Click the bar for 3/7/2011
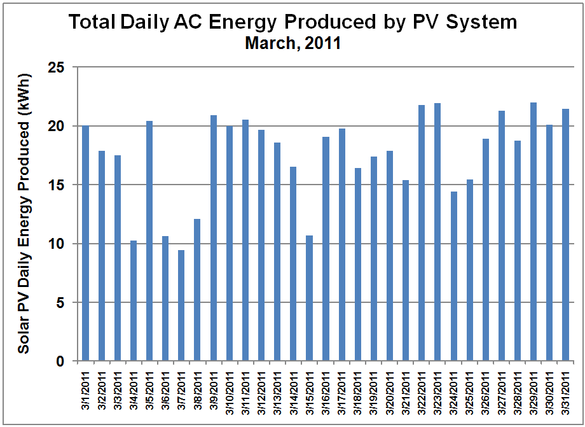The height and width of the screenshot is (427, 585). [x=181, y=305]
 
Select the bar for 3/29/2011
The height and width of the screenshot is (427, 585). [x=533, y=232]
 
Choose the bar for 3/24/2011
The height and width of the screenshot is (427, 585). [x=453, y=276]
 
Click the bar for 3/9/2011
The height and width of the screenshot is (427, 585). [x=214, y=238]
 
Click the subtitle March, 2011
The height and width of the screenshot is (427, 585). [x=293, y=43]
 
